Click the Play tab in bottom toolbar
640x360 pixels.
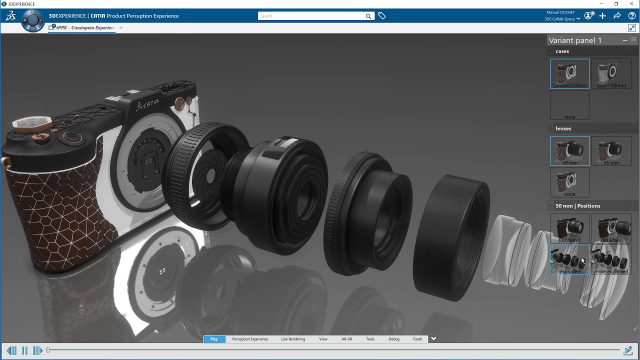pyautogui.click(x=214, y=339)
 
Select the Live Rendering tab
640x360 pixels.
pyautogui.click(x=293, y=339)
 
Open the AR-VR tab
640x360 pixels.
pyautogui.click(x=346, y=339)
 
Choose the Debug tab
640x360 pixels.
pyautogui.click(x=394, y=339)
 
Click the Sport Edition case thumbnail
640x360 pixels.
pyautogui.click(x=611, y=73)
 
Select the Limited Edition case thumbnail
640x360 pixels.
pyautogui.click(x=569, y=73)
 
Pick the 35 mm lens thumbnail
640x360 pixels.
pyautogui.click(x=611, y=150)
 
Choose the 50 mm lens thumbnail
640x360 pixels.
pyautogui.click(x=569, y=150)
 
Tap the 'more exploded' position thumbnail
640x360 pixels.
pyautogui.click(x=611, y=259)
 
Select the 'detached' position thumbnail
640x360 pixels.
pyautogui.click(x=611, y=228)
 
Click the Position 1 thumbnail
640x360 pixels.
pyautogui.click(x=569, y=228)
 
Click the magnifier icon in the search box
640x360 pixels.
pyautogui.click(x=368, y=16)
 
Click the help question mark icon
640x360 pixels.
pyautogui.click(x=632, y=16)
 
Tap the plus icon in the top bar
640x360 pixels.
pyautogui.click(x=602, y=16)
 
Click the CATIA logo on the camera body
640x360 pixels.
pyautogui.click(x=147, y=104)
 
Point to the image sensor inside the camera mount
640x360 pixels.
pyautogui.click(x=148, y=162)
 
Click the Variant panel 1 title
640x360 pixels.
pyautogui.click(x=575, y=40)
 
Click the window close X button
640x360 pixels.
pyautogui.click(x=631, y=4)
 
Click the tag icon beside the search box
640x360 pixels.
pyautogui.click(x=382, y=16)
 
